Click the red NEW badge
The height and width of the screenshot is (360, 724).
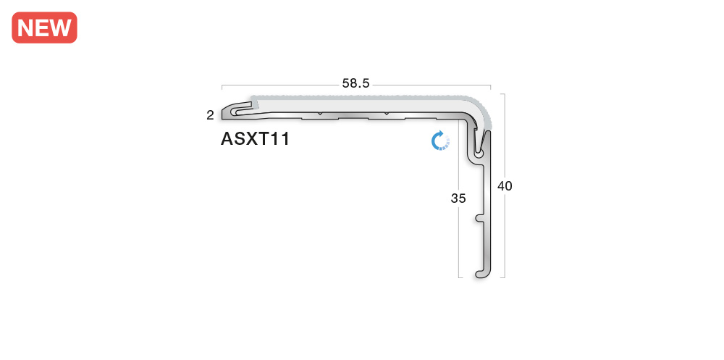tap(44, 28)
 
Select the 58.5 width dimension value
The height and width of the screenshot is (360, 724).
tap(355, 83)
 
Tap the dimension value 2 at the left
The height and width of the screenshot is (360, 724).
tap(210, 114)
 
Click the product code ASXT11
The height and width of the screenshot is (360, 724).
tap(256, 139)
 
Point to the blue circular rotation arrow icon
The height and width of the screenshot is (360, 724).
tap(440, 141)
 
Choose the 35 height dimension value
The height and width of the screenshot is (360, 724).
tap(458, 198)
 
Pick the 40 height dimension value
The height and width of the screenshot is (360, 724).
tap(505, 185)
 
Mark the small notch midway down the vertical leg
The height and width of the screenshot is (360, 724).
tap(479, 217)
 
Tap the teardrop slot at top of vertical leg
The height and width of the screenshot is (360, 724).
tap(479, 151)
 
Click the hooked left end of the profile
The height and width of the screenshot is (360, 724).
tap(230, 112)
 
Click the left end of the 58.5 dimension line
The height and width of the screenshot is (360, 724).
tap(222, 84)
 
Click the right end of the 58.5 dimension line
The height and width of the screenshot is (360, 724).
tap(491, 84)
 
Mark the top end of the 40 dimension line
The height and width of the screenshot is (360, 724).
tap(504, 94)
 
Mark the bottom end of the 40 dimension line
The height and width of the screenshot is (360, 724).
tap(504, 277)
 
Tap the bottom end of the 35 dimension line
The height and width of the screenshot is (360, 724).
tap(460, 277)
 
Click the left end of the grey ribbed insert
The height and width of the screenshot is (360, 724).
tap(251, 99)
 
